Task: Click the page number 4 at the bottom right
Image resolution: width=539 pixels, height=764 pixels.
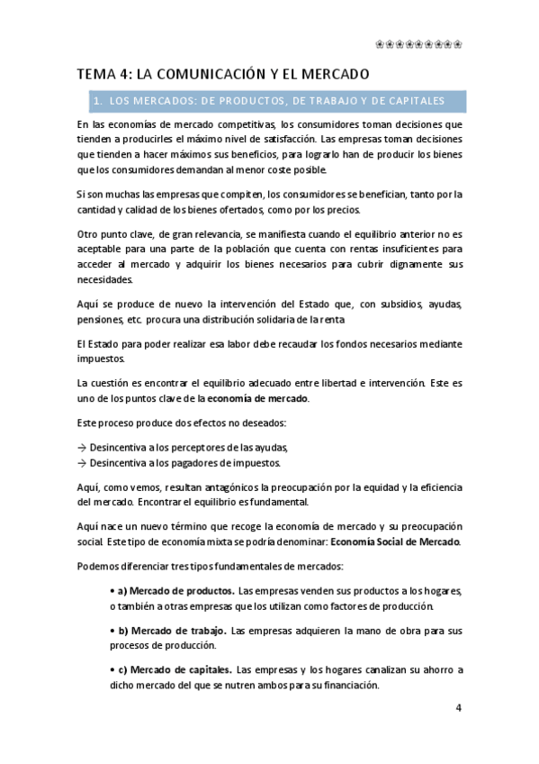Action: [458, 707]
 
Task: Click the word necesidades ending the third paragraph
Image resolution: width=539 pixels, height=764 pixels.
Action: [106, 279]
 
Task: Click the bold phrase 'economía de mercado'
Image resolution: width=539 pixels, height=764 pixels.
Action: [258, 398]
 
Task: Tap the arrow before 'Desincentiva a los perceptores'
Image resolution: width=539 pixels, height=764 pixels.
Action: [82, 447]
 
